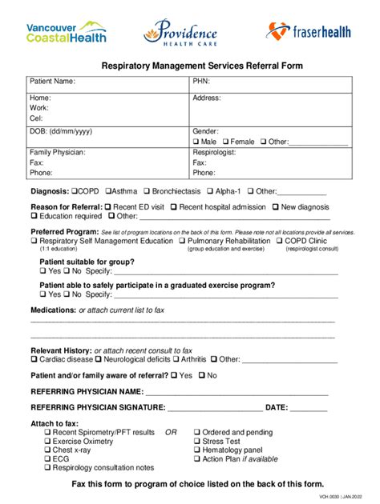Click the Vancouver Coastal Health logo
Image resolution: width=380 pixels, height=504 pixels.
pyautogui.click(x=66, y=32)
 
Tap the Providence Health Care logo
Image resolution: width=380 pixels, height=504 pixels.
pyautogui.click(x=180, y=33)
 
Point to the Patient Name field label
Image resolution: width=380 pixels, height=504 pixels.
pyautogui.click(x=52, y=82)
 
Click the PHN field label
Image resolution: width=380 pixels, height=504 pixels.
pyautogui.click(x=201, y=82)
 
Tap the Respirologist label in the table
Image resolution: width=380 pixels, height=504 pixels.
pyautogui.click(x=217, y=152)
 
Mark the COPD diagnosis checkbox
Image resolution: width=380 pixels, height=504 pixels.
pyautogui.click(x=75, y=191)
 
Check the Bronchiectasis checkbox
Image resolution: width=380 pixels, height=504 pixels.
pyautogui.click(x=147, y=191)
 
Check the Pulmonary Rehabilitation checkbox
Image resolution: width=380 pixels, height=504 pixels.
pyautogui.click(x=183, y=241)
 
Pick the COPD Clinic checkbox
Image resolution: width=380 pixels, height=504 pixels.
pyautogui.click(x=279, y=241)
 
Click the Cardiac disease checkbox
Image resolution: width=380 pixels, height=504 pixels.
pyautogui.click(x=34, y=360)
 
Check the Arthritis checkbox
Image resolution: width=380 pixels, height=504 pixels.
pyautogui.click(x=176, y=360)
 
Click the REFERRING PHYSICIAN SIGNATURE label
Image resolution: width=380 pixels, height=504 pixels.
pyautogui.click(x=97, y=407)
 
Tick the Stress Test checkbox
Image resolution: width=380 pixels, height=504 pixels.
pyautogui.click(x=196, y=441)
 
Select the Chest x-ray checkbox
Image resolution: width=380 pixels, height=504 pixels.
pyautogui.click(x=47, y=450)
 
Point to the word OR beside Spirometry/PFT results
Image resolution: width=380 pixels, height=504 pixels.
pyautogui.click(x=171, y=432)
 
